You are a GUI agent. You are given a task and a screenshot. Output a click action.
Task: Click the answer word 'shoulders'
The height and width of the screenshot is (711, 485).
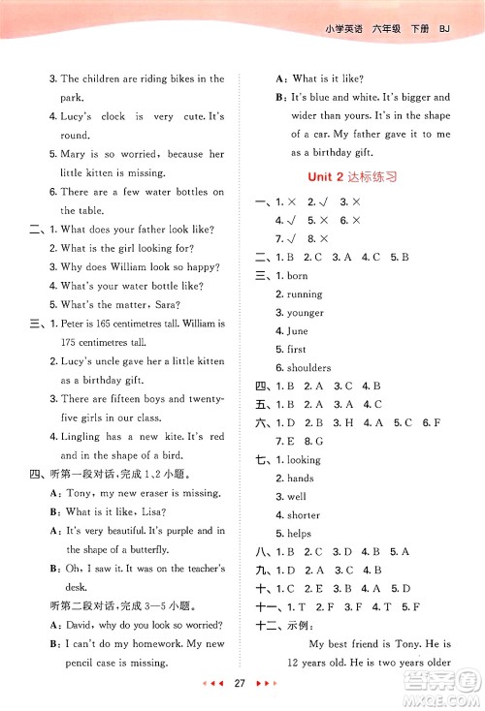tap(308, 367)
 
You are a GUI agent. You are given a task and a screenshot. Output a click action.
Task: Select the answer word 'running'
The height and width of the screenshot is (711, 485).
tap(305, 294)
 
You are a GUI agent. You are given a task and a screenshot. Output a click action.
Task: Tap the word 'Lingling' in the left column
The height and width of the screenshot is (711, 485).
tap(81, 437)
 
